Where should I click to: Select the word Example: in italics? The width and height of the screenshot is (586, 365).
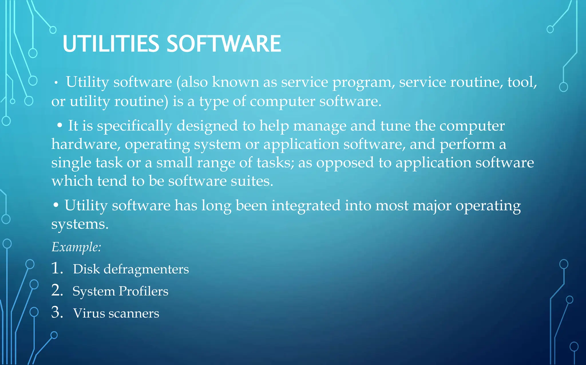(x=76, y=247)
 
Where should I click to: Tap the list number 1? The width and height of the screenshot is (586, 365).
(x=57, y=268)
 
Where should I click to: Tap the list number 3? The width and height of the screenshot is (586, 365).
(x=57, y=312)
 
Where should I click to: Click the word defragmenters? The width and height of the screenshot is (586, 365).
(x=146, y=269)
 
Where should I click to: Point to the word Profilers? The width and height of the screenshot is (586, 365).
(x=143, y=291)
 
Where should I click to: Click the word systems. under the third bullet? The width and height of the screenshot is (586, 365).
(x=80, y=224)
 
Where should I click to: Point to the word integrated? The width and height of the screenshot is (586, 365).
(x=306, y=206)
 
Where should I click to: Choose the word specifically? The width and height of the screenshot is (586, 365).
(x=134, y=126)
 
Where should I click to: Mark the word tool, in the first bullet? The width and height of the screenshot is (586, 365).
(x=522, y=82)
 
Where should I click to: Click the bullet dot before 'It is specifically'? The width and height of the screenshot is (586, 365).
(x=60, y=125)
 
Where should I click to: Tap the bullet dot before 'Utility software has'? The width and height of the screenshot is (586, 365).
(x=56, y=205)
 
